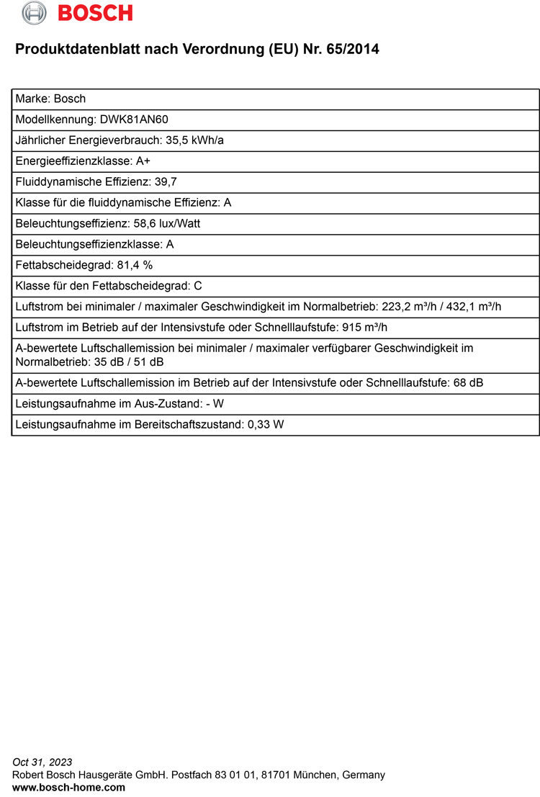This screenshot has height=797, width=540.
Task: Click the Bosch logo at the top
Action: click(77, 12)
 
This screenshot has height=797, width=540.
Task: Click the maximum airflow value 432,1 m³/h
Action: click(473, 307)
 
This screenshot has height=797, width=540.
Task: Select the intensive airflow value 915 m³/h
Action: click(365, 328)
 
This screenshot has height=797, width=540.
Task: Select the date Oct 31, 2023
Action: click(42, 762)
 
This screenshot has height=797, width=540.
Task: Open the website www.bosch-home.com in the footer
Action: click(69, 788)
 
